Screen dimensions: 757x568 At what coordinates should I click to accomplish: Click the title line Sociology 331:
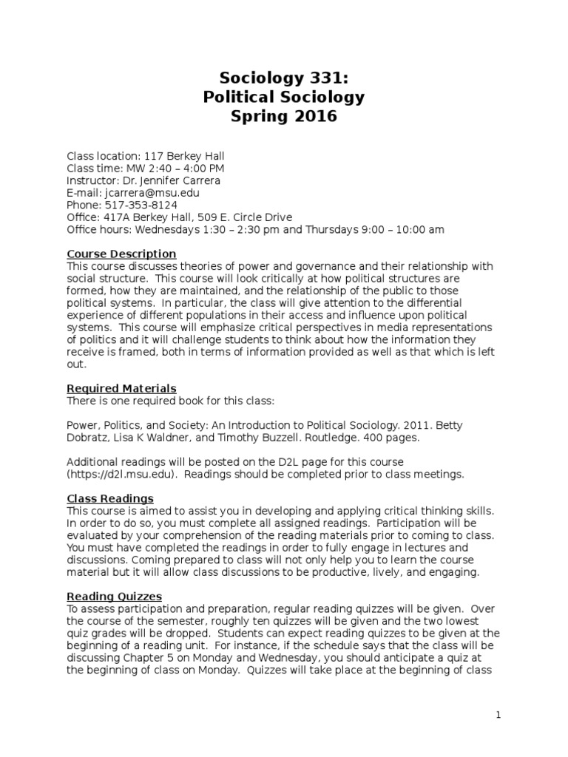point(283,78)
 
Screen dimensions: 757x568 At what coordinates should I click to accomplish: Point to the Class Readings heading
point(110,498)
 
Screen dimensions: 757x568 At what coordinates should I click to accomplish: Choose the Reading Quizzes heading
point(115,596)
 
